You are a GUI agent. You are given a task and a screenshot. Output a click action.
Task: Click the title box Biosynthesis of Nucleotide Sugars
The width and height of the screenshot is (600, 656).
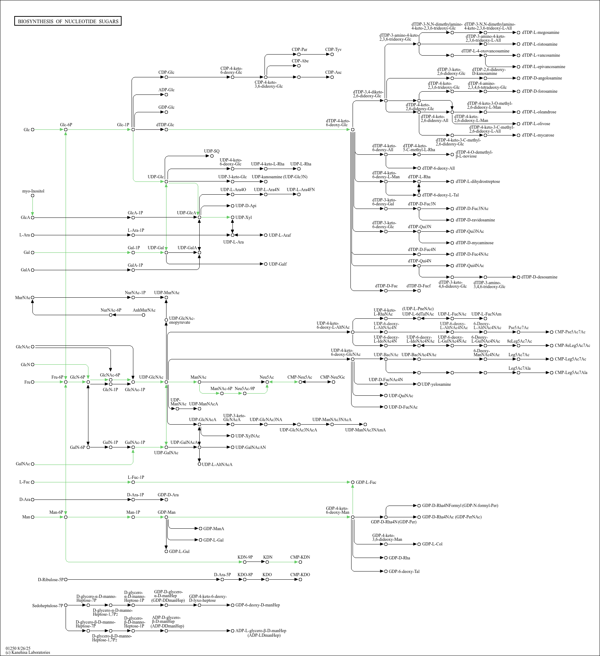(x=68, y=21)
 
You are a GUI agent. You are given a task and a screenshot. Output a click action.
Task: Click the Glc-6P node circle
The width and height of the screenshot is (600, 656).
(x=66, y=130)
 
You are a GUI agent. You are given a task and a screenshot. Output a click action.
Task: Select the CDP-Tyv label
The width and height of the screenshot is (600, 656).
(x=333, y=50)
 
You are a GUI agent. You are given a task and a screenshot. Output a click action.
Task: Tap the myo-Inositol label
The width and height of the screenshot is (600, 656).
(x=33, y=191)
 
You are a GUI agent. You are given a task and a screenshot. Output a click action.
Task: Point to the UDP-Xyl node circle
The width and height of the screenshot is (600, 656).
(x=232, y=217)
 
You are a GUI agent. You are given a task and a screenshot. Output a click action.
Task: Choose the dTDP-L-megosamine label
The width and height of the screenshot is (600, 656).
(x=540, y=32)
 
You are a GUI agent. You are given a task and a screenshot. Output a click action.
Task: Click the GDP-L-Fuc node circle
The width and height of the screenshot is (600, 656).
(x=353, y=482)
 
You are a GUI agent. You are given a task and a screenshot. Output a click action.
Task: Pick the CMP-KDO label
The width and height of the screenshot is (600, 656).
(x=300, y=574)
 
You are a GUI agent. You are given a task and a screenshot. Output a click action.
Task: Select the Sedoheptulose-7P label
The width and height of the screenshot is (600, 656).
(x=47, y=606)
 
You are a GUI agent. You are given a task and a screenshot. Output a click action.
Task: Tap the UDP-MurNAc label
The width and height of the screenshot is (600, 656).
(x=167, y=293)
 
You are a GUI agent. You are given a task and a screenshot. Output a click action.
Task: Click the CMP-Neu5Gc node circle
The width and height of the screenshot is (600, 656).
(x=333, y=382)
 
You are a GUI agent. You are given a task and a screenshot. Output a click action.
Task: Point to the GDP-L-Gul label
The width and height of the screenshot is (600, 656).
(x=179, y=552)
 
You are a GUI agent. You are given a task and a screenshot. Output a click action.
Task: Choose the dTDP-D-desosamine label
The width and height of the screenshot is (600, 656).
(x=539, y=277)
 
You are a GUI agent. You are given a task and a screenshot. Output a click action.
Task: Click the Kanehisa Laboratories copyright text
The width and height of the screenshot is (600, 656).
(x=28, y=652)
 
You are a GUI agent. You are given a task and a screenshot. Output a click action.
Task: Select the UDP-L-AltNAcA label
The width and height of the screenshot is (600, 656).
(x=217, y=465)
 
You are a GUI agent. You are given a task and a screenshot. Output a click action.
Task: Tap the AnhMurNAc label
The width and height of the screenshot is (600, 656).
(x=144, y=310)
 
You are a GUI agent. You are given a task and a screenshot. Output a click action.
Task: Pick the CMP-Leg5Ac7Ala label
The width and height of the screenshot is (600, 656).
(x=571, y=373)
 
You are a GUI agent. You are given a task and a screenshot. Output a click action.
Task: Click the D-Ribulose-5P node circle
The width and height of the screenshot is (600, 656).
(x=66, y=580)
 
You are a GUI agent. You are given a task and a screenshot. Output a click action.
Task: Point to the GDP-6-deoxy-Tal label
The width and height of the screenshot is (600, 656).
(x=404, y=572)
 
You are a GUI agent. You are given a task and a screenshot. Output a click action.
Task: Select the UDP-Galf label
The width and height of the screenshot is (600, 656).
(x=278, y=264)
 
